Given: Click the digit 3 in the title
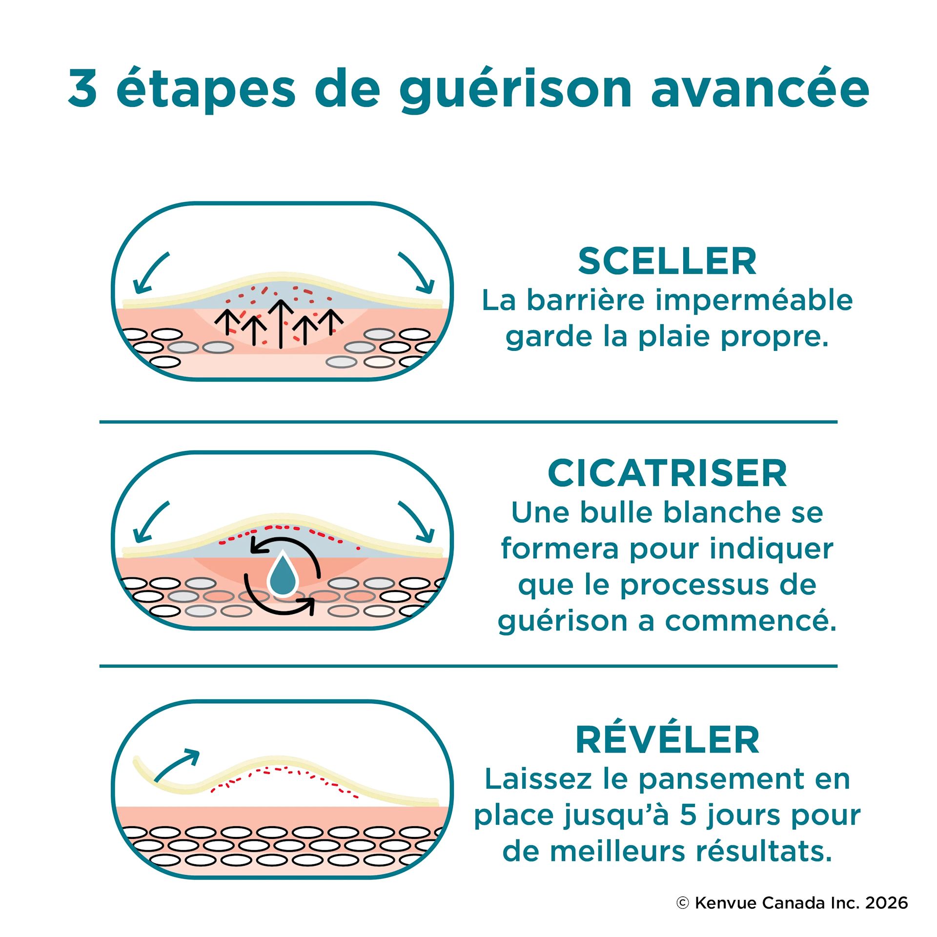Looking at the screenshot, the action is click(x=82, y=88).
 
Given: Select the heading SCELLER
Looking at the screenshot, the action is click(x=667, y=262).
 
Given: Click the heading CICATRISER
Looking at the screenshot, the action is click(x=667, y=473).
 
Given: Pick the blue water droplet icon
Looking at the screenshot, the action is click(x=283, y=573).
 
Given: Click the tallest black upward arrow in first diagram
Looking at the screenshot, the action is click(x=281, y=324).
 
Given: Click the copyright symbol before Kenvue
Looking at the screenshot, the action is click(x=683, y=903).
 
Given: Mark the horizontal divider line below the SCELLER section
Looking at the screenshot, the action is click(x=468, y=422).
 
